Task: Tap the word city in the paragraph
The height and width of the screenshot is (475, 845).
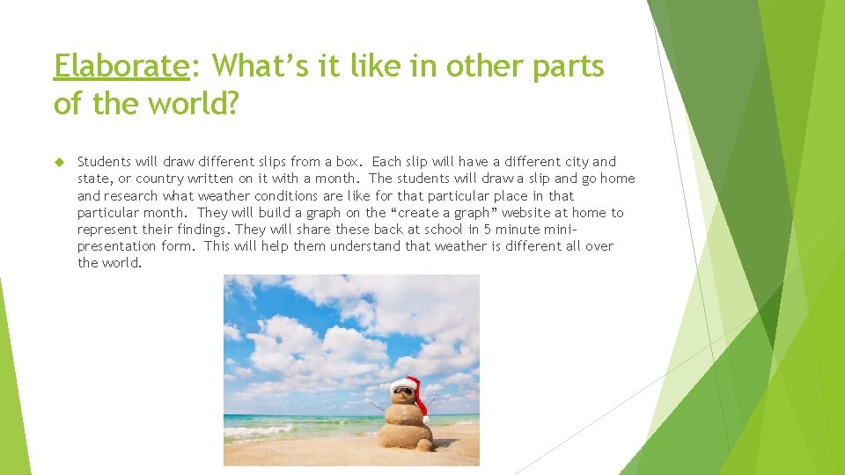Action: [577, 162]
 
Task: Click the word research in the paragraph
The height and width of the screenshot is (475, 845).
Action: [131, 196]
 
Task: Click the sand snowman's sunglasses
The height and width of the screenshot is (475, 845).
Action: [402, 390]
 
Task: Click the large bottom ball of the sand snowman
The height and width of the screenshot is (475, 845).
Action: [405, 435]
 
